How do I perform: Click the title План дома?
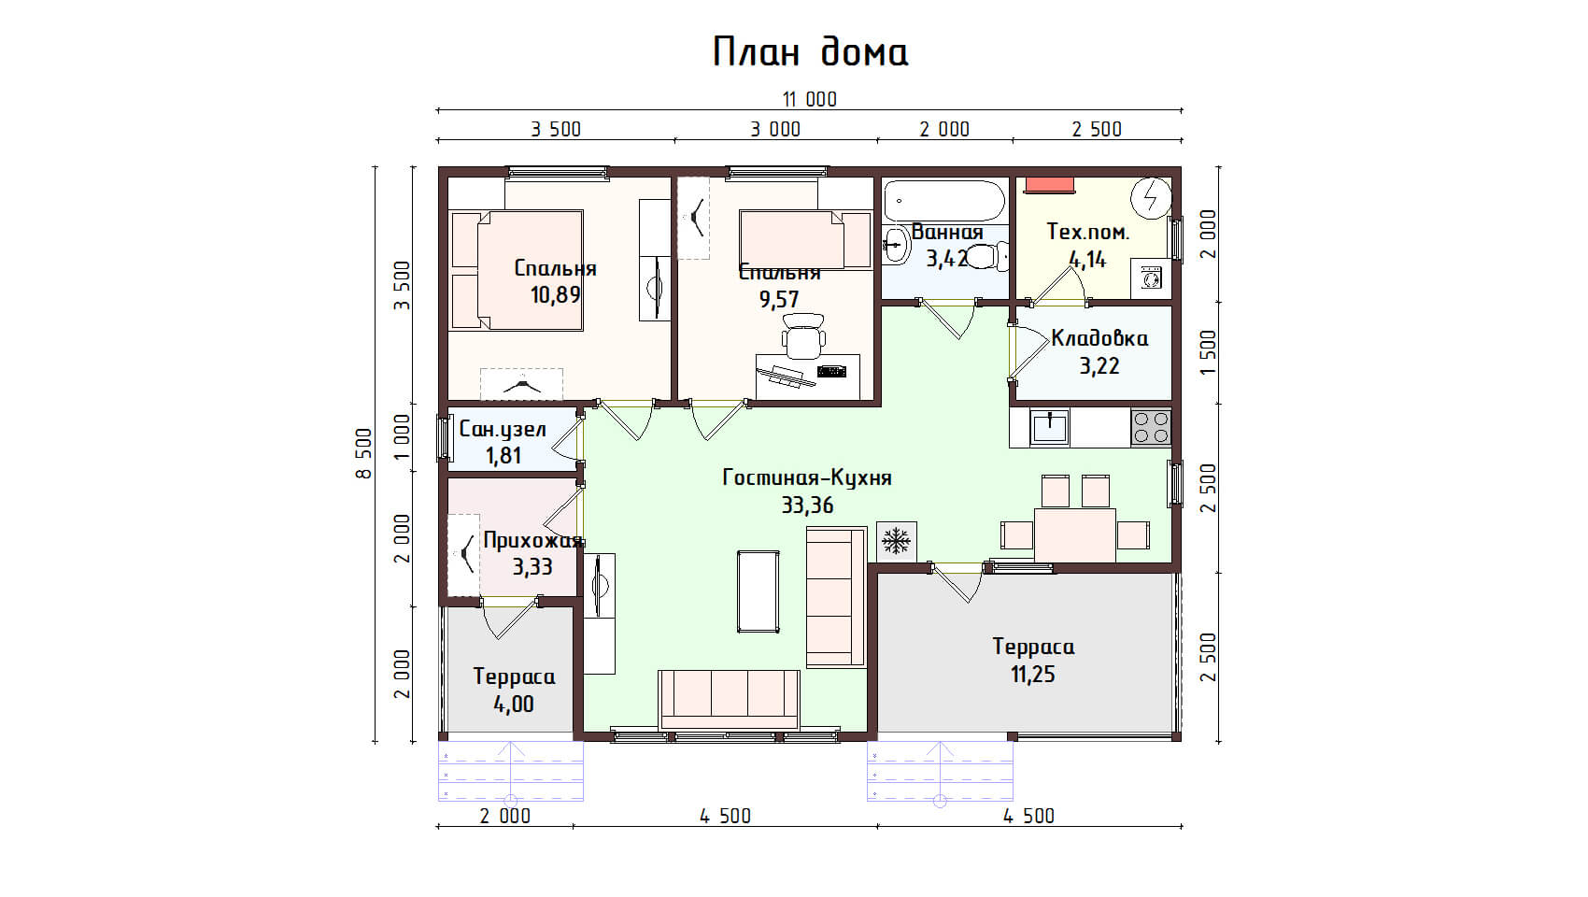click(x=810, y=51)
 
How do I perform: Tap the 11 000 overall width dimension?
click(x=810, y=99)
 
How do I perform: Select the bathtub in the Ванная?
click(x=944, y=201)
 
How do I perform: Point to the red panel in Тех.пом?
click(x=1049, y=185)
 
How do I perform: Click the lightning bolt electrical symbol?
click(x=1151, y=197)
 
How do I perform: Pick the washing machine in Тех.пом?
click(x=1151, y=278)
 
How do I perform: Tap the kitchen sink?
click(x=1049, y=428)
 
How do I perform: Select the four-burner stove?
click(x=1151, y=428)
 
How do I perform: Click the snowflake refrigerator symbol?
click(x=896, y=542)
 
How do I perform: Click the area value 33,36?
click(x=807, y=505)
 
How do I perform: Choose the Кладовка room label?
click(x=1099, y=338)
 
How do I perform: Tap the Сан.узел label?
click(x=503, y=429)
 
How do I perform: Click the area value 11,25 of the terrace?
click(x=1033, y=675)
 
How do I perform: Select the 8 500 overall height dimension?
click(x=363, y=453)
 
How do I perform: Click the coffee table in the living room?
click(x=758, y=591)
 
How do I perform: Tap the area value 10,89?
click(x=555, y=295)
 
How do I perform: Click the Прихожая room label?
click(x=533, y=540)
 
